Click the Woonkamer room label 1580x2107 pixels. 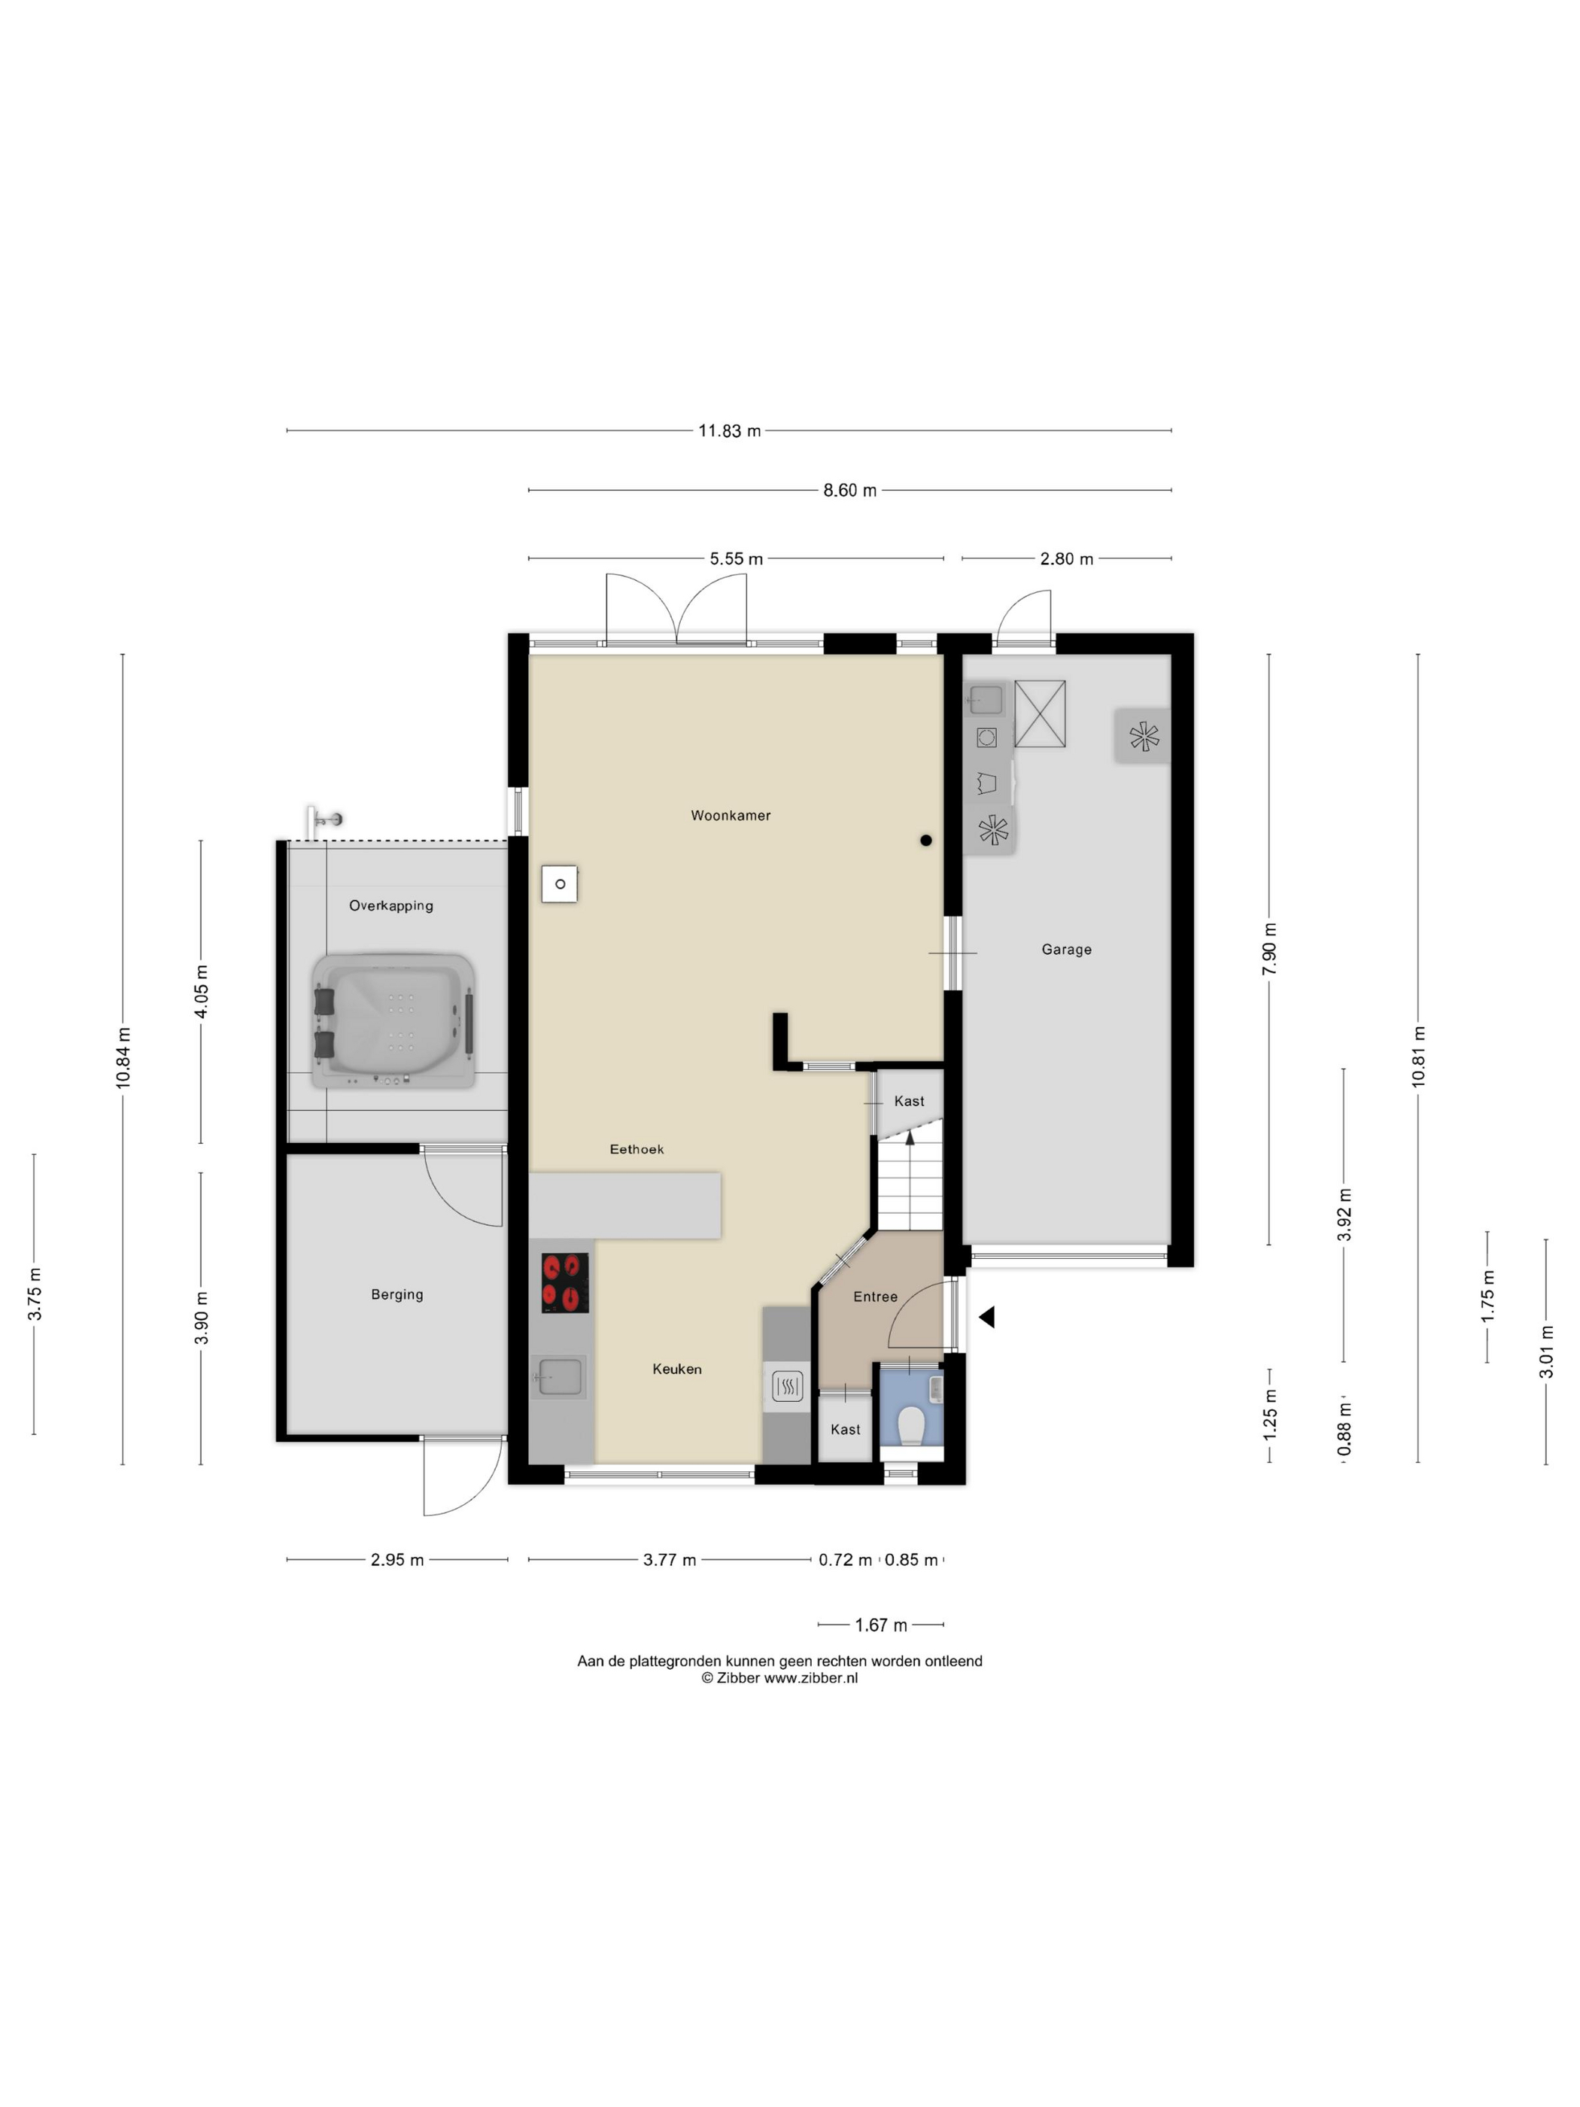731,816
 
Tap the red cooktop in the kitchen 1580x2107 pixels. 565,1282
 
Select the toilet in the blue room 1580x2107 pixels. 911,1426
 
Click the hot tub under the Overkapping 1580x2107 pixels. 394,1021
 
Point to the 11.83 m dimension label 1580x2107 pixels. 730,430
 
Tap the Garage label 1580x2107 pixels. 1067,950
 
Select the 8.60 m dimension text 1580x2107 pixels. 849,491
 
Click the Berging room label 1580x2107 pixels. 397,1294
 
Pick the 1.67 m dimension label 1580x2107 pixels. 881,1625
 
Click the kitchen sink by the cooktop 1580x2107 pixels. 560,1377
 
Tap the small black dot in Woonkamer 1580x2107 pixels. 925,840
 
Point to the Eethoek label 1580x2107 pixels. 637,1150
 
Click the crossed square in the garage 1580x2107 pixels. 1040,713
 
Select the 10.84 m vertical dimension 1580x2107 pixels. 123,1058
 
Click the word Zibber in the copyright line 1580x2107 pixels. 738,1677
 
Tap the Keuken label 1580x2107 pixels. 677,1369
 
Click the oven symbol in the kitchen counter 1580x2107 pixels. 788,1386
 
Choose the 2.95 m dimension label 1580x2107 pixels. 397,1559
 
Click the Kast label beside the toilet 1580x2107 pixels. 846,1429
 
